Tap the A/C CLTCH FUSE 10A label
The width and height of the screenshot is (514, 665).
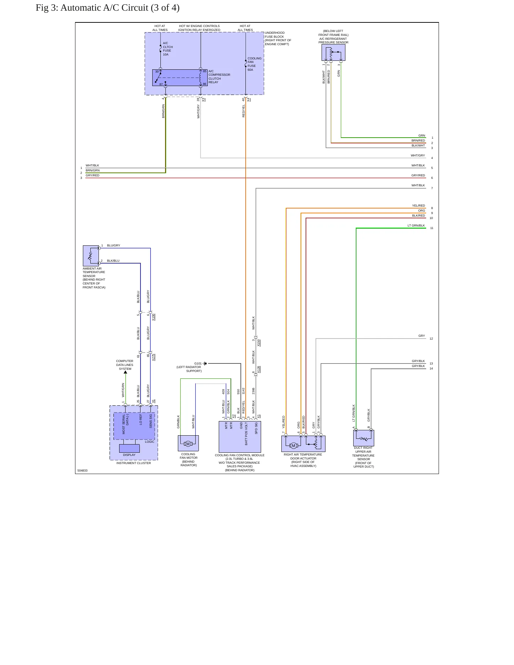168,49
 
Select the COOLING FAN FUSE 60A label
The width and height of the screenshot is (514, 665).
254,64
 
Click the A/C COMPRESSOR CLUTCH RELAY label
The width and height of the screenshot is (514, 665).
219,77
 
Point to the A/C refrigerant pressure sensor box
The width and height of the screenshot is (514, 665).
333,53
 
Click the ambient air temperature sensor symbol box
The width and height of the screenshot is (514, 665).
91,256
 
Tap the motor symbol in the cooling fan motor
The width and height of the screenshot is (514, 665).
188,443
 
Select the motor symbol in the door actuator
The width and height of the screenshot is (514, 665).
293,446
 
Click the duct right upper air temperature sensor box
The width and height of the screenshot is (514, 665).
364,438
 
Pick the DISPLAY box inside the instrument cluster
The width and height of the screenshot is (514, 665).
129,448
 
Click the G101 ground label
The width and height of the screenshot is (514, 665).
198,363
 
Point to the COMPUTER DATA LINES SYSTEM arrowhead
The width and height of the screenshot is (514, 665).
125,372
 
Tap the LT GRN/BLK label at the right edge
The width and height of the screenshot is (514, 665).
416,225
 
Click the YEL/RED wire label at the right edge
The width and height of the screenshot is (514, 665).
419,206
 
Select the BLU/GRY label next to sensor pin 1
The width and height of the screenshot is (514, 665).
113,245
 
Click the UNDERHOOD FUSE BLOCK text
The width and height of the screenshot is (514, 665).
275,35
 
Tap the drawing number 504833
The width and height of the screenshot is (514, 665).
83,470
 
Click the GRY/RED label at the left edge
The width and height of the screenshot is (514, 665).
92,175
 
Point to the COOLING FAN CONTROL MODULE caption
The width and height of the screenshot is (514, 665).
240,455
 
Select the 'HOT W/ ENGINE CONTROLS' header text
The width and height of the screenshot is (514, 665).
199,26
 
